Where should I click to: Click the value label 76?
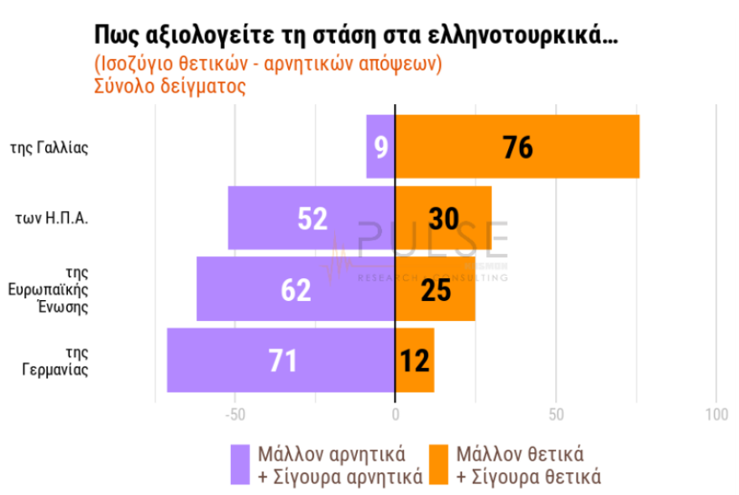(x=518, y=147)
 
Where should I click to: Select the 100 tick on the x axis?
(x=716, y=414)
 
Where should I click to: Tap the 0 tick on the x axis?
(x=395, y=414)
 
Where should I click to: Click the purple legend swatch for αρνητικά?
(x=240, y=465)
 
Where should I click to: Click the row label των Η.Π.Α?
(x=52, y=219)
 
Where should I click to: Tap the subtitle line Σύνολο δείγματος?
(x=170, y=87)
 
